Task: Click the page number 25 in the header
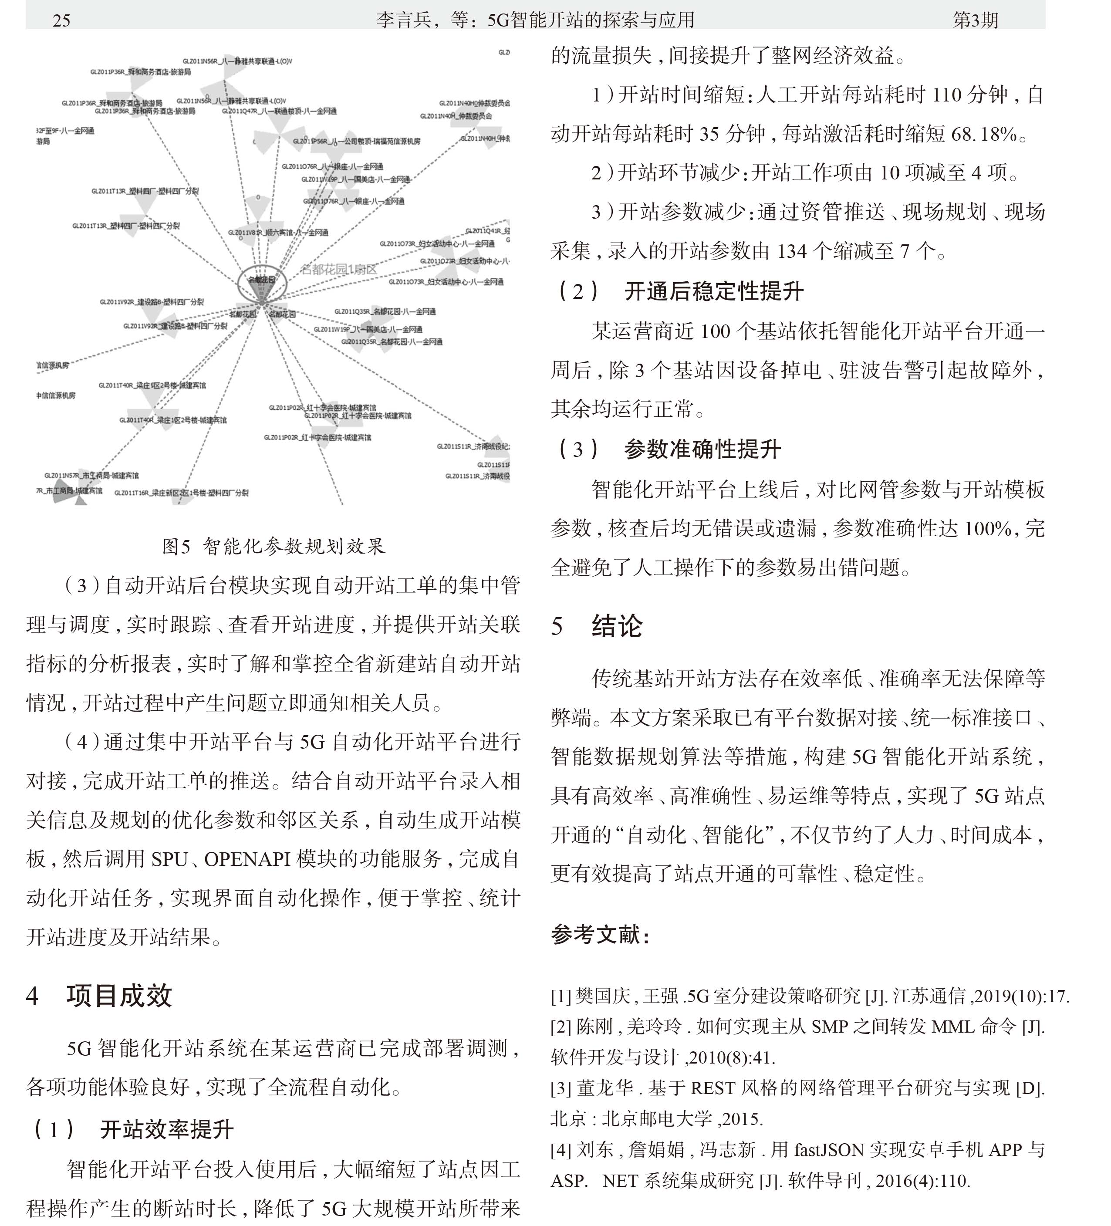pyautogui.click(x=61, y=20)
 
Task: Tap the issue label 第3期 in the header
pyautogui.click(x=975, y=20)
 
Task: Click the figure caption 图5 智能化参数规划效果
pyautogui.click(x=273, y=546)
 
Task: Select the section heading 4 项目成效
pyautogui.click(x=99, y=996)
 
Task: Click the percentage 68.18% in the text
pyautogui.click(x=984, y=134)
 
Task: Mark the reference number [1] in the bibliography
pyautogui.click(x=561, y=996)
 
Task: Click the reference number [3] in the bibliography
pyautogui.click(x=561, y=1088)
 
